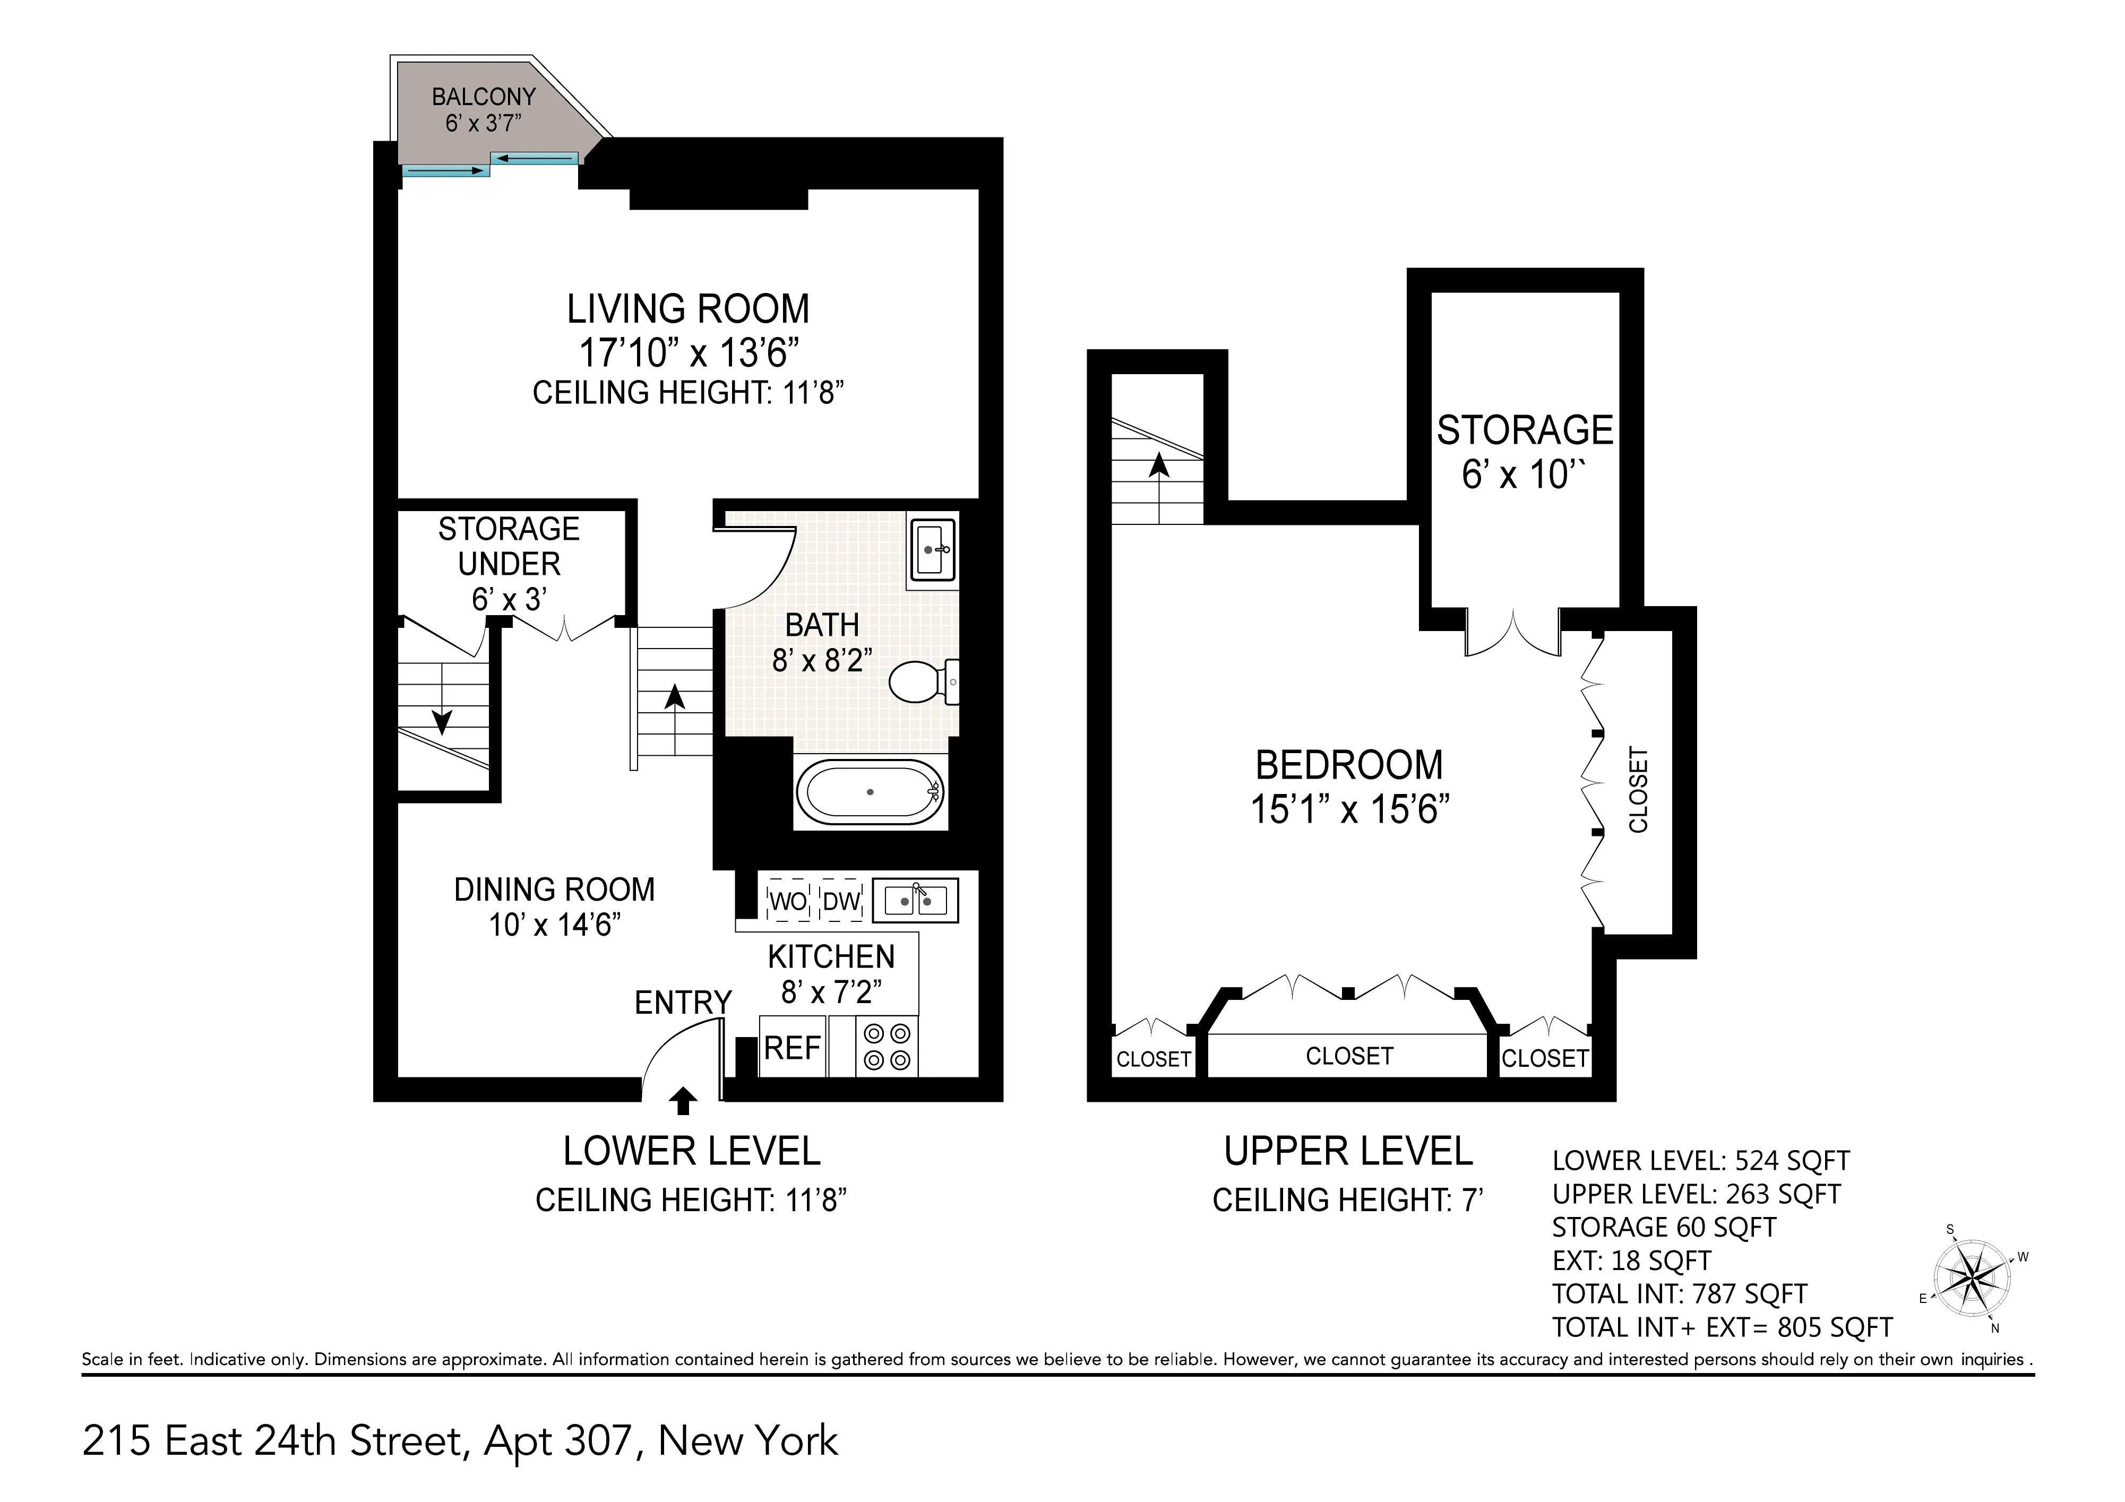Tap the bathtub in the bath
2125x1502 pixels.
870,792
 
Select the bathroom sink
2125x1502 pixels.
932,550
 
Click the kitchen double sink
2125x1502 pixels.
915,900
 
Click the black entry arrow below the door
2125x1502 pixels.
683,1100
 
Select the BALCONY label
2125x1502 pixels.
483,96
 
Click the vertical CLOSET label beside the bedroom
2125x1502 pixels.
1638,789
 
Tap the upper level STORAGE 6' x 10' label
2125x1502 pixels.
1524,452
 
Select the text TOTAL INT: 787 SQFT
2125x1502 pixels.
1679,1294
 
